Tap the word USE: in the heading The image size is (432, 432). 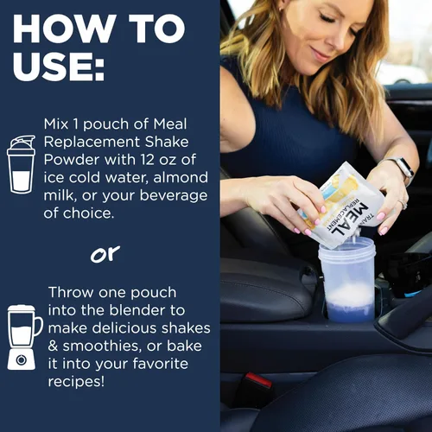click(x=59, y=66)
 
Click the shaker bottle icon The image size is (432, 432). click(x=21, y=164)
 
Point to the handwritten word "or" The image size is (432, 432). click(x=105, y=254)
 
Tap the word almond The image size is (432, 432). click(x=181, y=177)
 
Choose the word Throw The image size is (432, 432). click(x=72, y=292)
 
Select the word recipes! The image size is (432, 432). click(x=76, y=382)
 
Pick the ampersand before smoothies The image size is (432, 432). click(x=53, y=346)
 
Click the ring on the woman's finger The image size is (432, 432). click(x=403, y=205)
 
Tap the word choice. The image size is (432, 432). click(x=88, y=213)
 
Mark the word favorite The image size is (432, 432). click(x=160, y=364)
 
